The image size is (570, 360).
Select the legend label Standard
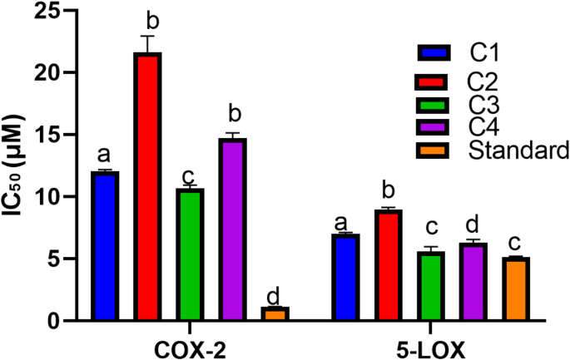[x=518, y=150]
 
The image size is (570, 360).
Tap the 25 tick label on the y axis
[x=55, y=12]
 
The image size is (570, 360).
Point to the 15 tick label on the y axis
[x=55, y=136]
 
